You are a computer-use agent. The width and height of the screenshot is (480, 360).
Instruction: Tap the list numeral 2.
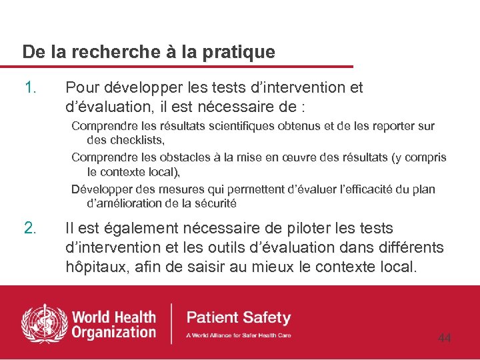pyautogui.click(x=30, y=229)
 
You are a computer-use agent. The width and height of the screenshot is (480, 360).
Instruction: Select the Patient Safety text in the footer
pyautogui.click(x=239, y=317)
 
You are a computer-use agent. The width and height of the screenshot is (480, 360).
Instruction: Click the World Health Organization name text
pyautogui.click(x=113, y=323)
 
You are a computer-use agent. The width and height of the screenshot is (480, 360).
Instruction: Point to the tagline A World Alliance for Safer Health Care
pyautogui.click(x=239, y=335)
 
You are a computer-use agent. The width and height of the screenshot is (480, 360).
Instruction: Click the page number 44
pyautogui.click(x=445, y=339)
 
